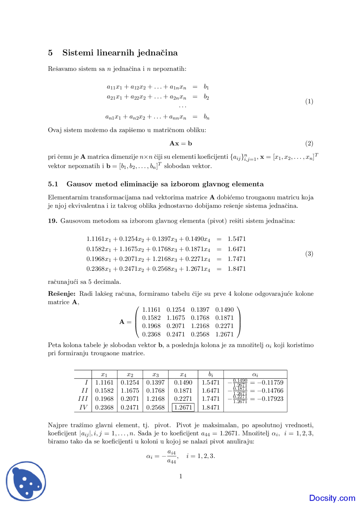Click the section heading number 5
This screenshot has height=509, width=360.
pos(50,53)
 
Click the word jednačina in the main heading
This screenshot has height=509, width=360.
pos(157,53)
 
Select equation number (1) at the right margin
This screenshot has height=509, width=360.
pos(309,101)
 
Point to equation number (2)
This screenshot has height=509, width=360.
pos(309,144)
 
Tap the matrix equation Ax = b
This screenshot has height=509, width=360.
pos(181,144)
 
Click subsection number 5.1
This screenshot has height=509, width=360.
pos(53,184)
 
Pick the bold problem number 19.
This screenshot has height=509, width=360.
pos(53,221)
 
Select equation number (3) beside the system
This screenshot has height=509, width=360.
pos(309,254)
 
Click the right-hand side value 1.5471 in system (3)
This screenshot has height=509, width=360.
pos(237,239)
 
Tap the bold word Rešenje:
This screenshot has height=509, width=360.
pos(62,294)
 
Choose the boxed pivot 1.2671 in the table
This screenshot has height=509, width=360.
pos(183,407)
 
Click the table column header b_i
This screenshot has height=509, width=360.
pos(211,374)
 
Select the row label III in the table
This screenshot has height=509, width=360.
pos(83,399)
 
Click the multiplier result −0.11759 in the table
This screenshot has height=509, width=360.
pos(270,383)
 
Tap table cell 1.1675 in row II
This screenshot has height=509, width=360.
pos(130,391)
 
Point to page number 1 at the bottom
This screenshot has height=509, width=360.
pos(181,476)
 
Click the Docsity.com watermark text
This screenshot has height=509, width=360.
pos(332,498)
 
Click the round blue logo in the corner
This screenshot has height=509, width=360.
pos(26,481)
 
